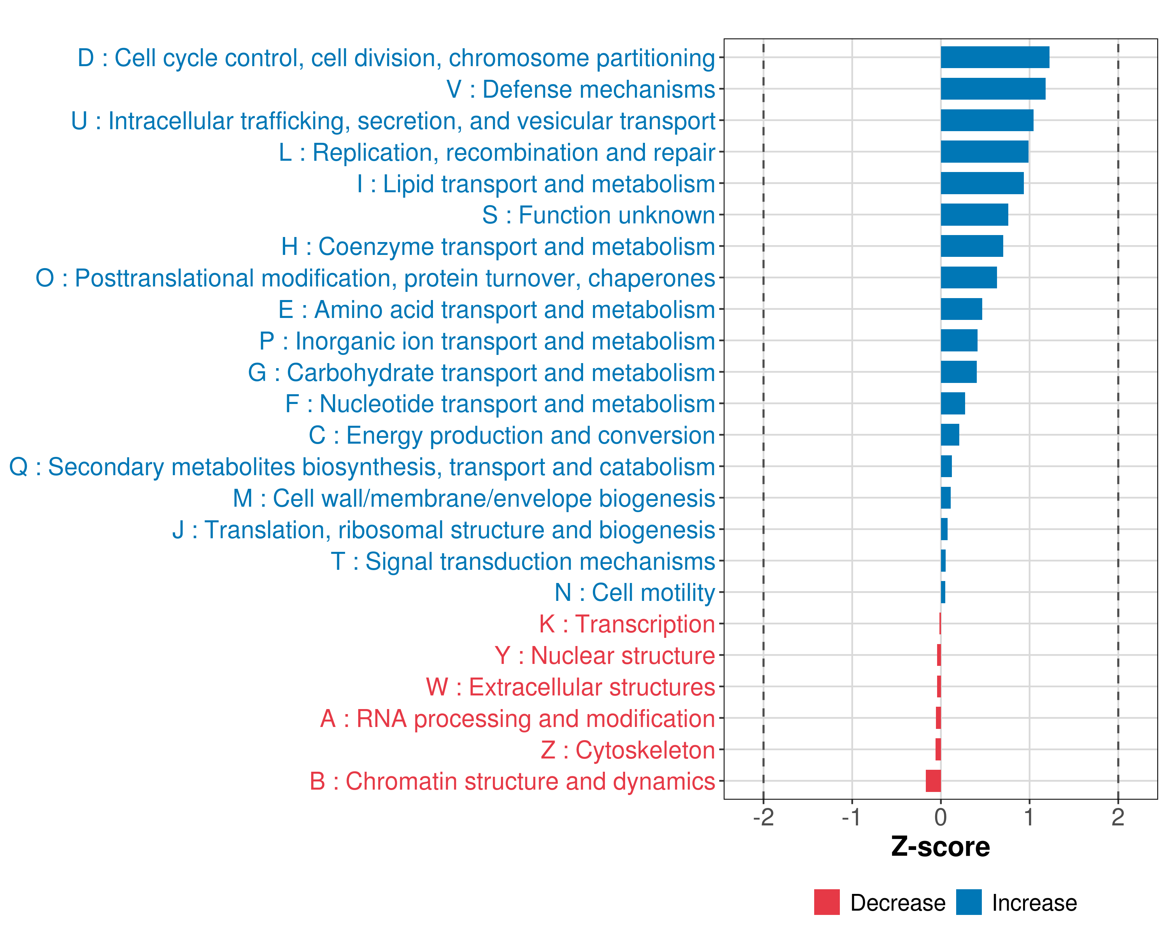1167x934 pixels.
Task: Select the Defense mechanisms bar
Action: (993, 89)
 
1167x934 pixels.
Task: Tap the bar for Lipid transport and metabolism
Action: (982, 183)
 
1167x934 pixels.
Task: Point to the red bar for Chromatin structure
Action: (933, 781)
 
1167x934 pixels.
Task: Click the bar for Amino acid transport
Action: (961, 309)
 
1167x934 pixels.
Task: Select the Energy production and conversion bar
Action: (950, 435)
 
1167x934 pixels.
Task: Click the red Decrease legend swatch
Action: (827, 902)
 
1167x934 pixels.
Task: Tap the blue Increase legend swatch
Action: (968, 902)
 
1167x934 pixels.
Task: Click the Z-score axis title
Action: (940, 847)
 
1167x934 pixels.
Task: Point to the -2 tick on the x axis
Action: (763, 817)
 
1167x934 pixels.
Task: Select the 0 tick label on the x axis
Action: (940, 817)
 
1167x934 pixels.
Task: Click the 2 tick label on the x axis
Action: (1118, 817)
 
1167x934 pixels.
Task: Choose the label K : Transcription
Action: (627, 624)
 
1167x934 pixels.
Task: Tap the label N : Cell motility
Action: (634, 592)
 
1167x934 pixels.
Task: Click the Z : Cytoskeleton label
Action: (628, 750)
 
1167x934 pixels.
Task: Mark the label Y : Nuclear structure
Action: (605, 656)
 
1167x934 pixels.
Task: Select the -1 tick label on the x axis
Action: (852, 817)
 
